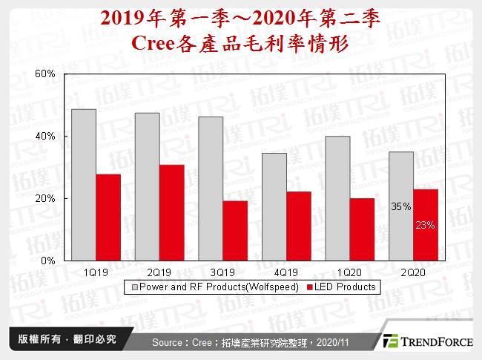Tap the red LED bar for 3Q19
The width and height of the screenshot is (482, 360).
(x=234, y=231)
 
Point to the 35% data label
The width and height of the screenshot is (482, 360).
(x=401, y=208)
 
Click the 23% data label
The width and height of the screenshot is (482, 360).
(x=426, y=224)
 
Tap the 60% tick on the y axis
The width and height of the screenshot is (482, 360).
(x=47, y=74)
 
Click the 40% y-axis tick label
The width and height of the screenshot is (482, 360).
(x=47, y=137)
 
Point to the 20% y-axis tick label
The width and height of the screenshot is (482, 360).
(x=47, y=199)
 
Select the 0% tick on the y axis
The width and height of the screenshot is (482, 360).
(x=50, y=261)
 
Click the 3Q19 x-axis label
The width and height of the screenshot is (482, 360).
(x=223, y=272)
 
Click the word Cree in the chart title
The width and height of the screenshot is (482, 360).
(x=153, y=42)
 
